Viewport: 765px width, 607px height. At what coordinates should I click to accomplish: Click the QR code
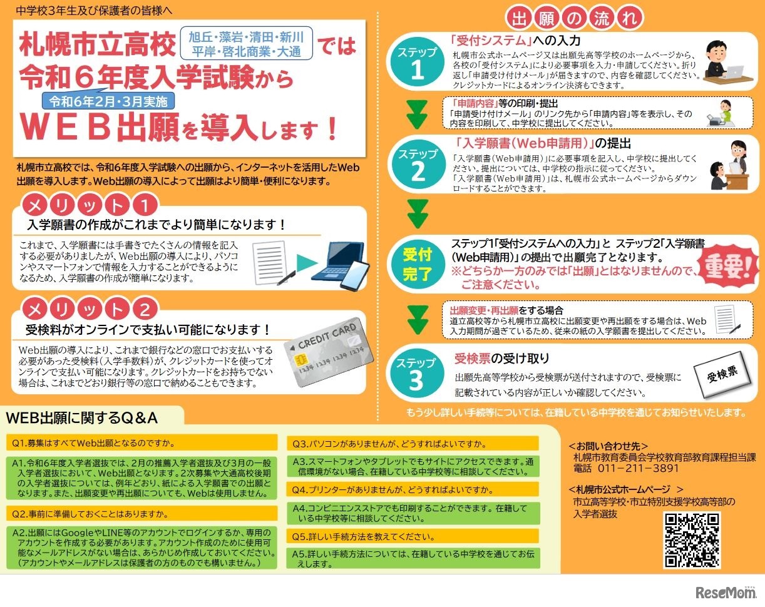tap(692, 539)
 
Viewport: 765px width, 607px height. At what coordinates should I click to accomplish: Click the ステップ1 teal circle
tap(417, 61)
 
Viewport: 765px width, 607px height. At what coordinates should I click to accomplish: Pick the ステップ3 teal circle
tap(416, 374)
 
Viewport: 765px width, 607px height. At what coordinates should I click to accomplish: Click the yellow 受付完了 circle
tap(417, 263)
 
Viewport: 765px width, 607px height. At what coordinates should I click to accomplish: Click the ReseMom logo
tap(724, 591)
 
